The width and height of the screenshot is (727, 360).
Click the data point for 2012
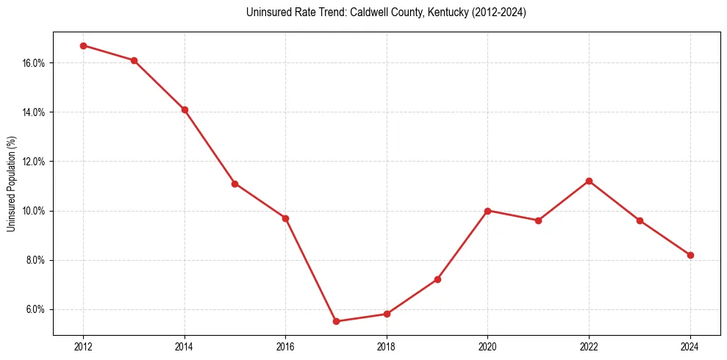tap(83, 46)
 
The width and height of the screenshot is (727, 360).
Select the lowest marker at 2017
tap(336, 321)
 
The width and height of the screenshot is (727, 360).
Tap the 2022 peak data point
tap(589, 181)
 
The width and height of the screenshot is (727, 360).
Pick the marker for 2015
tap(234, 184)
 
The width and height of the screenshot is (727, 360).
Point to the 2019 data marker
tap(437, 279)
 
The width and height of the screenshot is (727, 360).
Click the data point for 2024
tap(690, 255)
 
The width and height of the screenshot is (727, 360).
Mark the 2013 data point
tap(134, 60)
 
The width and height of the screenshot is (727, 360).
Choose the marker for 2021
tap(538, 220)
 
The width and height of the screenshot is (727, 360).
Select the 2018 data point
tap(387, 314)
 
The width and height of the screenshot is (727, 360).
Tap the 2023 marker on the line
tap(640, 220)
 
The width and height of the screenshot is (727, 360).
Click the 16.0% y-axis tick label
tap(34, 63)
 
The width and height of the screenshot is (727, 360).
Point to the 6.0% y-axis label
tap(35, 309)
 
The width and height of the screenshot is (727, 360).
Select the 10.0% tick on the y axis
tap(34, 211)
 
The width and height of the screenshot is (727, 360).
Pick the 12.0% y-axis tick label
tap(34, 162)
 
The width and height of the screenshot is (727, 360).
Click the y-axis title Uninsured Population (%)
tap(11, 184)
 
